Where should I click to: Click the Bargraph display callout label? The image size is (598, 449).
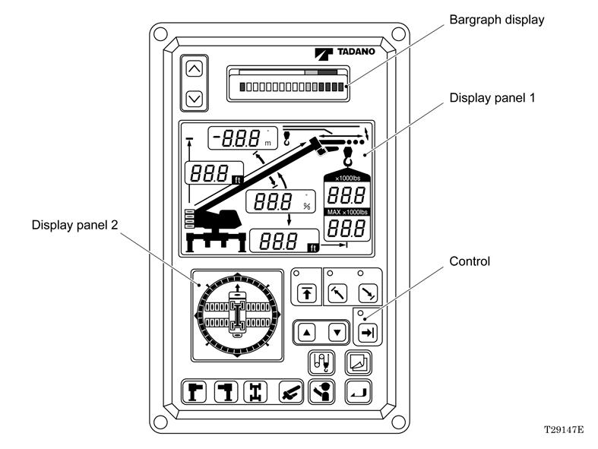tap(496, 20)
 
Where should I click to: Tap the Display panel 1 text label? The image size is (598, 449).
tap(492, 98)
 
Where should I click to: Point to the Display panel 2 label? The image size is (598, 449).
tap(74, 225)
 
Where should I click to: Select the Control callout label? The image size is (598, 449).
tap(470, 261)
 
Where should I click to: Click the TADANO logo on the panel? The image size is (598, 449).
tap(345, 52)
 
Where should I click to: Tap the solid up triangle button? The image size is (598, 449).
tap(307, 332)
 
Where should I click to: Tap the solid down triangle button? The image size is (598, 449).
tap(337, 332)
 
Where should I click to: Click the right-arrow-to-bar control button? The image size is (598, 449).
tap(368, 333)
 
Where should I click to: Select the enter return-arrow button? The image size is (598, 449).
tap(359, 392)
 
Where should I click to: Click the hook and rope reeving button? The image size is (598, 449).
tap(321, 362)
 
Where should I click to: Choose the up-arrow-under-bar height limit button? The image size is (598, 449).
tap(307, 294)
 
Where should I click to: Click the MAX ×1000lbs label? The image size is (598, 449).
tap(347, 212)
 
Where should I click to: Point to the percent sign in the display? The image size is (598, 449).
tap(307, 207)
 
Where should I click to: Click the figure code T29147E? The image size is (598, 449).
tap(564, 430)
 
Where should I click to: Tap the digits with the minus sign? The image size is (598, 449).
tap(236, 138)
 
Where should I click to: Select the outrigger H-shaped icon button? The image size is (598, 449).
tap(255, 392)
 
